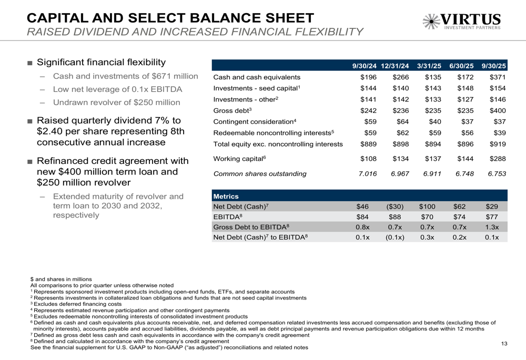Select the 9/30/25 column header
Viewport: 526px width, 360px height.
[493, 66]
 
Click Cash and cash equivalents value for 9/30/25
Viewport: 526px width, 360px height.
[498, 77]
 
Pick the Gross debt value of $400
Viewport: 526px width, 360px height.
[498, 110]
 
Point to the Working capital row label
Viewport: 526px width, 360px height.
[238, 158]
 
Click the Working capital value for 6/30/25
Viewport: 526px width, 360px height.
[466, 158]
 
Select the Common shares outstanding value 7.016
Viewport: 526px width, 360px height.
[367, 173]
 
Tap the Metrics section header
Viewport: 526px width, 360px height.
[226, 196]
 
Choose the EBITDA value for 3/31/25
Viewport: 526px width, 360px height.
[431, 217]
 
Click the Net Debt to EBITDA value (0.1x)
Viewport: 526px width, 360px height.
[394, 237]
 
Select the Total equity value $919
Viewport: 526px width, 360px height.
[498, 143]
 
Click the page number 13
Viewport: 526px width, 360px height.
[504, 344]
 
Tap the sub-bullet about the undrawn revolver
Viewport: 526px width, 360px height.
[117, 102]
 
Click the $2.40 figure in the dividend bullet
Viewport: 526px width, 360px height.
[52, 131]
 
